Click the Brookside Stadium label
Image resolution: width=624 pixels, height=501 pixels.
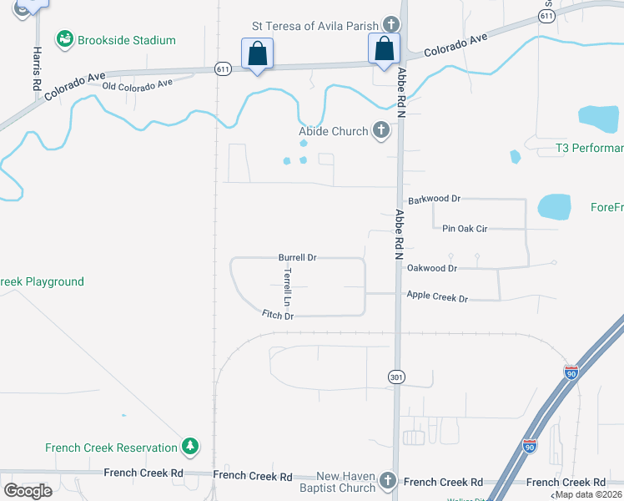click(126, 40)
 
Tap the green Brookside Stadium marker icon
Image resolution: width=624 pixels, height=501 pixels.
click(64, 39)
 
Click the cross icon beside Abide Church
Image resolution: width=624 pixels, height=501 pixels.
click(381, 131)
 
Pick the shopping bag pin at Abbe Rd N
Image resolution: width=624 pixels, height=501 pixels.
click(384, 48)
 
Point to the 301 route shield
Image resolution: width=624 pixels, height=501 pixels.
click(397, 378)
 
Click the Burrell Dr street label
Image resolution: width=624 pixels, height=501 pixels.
click(297, 258)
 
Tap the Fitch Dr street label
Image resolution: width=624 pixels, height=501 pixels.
click(278, 316)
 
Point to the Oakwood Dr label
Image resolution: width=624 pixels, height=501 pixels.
click(432, 268)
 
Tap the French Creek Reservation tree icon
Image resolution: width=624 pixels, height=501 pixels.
click(191, 448)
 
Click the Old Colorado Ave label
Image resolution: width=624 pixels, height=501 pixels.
click(137, 84)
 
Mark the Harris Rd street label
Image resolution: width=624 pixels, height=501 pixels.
click(37, 73)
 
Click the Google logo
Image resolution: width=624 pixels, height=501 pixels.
click(28, 490)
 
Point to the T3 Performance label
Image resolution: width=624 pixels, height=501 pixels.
click(589, 149)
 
